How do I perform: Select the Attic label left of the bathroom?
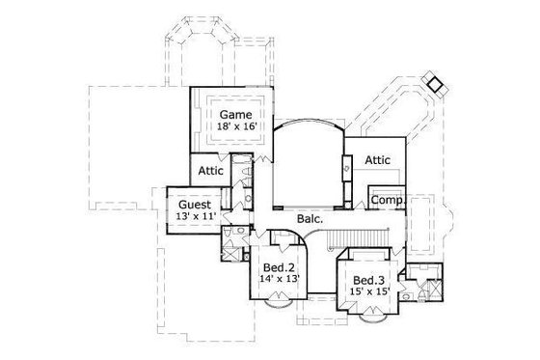[211, 170]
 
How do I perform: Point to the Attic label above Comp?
[378, 160]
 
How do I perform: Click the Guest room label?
[195, 206]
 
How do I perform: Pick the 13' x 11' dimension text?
[195, 218]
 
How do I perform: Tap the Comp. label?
[386, 201]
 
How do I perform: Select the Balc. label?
[310, 219]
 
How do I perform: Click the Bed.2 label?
[278, 267]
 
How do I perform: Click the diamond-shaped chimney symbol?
[437, 84]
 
